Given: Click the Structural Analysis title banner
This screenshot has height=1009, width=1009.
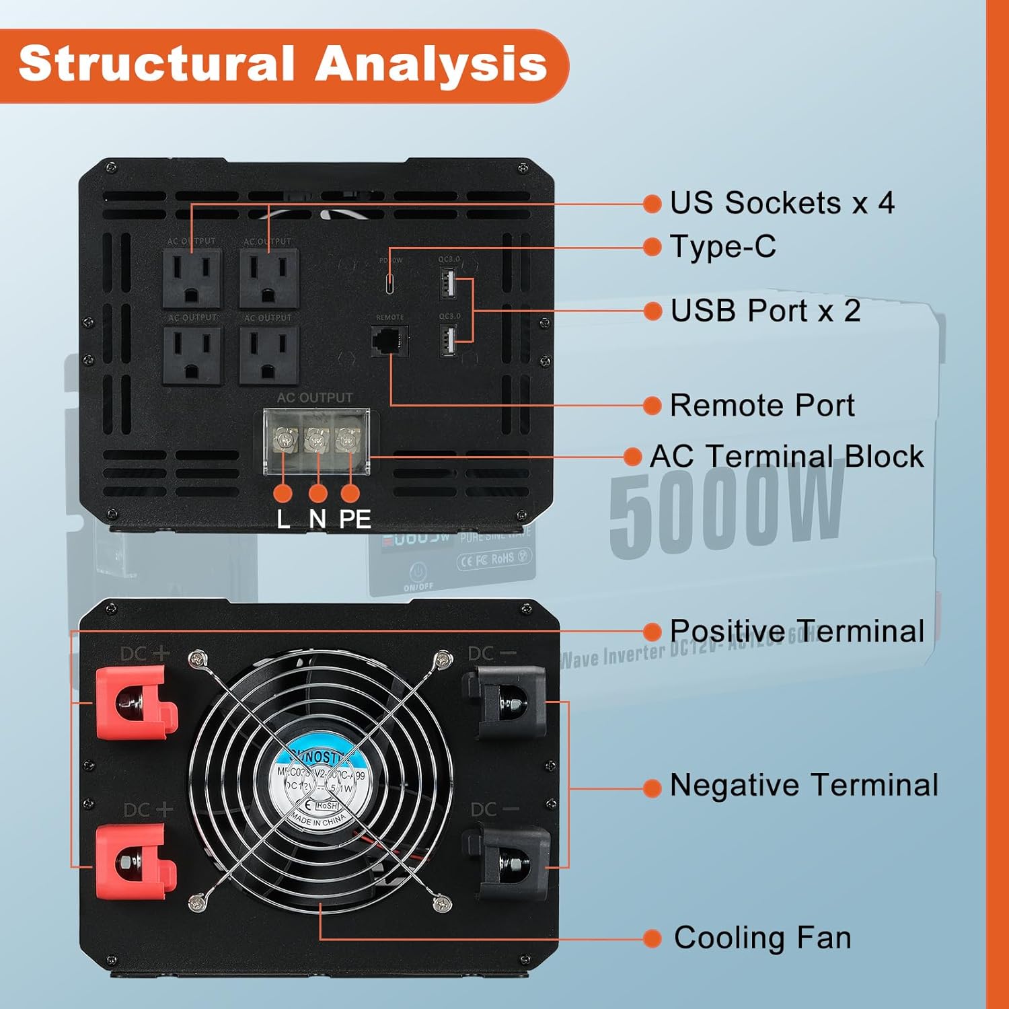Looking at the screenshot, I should [x=283, y=65].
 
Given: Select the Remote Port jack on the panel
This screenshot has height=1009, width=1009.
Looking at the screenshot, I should [x=389, y=340].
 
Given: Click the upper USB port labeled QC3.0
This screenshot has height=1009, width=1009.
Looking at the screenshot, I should [x=448, y=283].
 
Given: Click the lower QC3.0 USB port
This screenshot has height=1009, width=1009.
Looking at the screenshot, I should [x=448, y=340].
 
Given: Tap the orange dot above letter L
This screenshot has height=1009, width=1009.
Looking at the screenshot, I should [x=283, y=493].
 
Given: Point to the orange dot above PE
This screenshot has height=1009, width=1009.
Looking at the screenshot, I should [x=350, y=493].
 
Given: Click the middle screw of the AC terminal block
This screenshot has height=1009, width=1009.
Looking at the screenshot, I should [x=315, y=441].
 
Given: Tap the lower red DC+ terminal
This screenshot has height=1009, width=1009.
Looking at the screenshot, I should [x=132, y=862].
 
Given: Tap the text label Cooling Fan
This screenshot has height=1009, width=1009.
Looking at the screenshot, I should [x=762, y=938].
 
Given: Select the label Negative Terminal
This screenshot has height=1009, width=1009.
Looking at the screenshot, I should [x=804, y=785].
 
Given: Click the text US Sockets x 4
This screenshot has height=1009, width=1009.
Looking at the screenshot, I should [x=782, y=202].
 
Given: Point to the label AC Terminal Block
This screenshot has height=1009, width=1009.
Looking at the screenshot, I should [x=786, y=456].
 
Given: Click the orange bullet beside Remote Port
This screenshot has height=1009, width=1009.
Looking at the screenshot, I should [x=652, y=406].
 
